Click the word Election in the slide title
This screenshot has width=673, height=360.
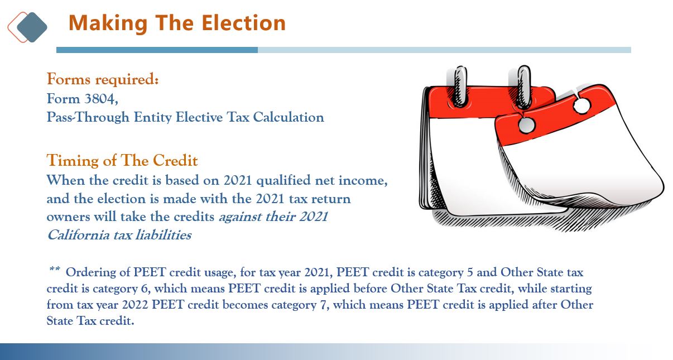tap(244, 23)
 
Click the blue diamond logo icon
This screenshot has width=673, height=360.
tap(32, 27)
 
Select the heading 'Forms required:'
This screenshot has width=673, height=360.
tap(103, 79)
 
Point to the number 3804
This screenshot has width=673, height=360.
tap(101, 99)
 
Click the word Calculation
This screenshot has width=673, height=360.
tap(289, 117)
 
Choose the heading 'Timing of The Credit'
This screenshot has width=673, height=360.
tap(122, 160)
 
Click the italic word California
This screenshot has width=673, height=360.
tap(79, 235)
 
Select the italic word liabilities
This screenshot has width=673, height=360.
tap(164, 234)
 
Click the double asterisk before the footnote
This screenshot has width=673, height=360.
tap(54, 268)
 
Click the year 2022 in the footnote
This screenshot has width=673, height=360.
tap(135, 305)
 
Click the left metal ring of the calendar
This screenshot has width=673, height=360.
tap(459, 87)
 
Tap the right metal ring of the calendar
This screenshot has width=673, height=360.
tap(523, 87)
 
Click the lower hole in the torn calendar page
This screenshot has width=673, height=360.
tap(527, 124)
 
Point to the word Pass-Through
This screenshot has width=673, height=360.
tap(88, 117)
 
